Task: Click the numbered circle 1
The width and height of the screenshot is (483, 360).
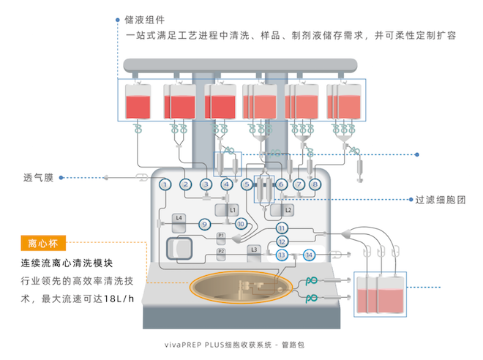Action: (x=165, y=184)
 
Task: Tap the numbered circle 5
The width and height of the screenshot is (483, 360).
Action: (x=247, y=184)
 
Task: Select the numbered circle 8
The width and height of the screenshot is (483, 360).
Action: (x=315, y=184)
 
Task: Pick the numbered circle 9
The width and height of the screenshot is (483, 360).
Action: (x=204, y=224)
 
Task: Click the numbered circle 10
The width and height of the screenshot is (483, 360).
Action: (x=241, y=224)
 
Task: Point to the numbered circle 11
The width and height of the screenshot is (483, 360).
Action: (x=282, y=228)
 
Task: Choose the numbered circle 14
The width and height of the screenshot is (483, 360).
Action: (x=309, y=255)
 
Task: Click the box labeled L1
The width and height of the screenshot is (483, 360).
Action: (x=226, y=210)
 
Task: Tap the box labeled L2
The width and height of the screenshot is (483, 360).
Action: (x=282, y=210)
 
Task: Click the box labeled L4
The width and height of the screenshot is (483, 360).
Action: (x=179, y=223)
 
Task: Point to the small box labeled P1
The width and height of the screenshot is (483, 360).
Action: (x=221, y=239)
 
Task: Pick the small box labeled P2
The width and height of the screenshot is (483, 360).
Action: (x=221, y=255)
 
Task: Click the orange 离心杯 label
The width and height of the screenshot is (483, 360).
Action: (x=43, y=243)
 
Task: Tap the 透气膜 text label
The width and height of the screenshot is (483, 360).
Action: (x=39, y=178)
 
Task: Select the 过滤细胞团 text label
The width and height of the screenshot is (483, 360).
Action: (x=440, y=200)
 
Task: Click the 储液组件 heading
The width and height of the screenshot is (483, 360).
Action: (x=144, y=20)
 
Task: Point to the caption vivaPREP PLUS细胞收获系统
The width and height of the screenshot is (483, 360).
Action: (x=218, y=345)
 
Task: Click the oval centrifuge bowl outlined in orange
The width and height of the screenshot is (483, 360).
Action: (x=241, y=287)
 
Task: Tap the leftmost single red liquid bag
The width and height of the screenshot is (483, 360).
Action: (x=138, y=101)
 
